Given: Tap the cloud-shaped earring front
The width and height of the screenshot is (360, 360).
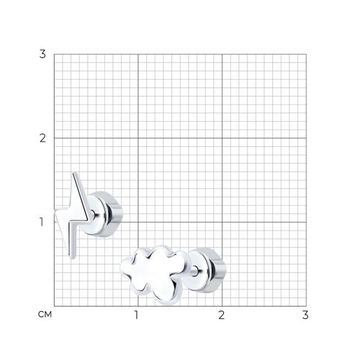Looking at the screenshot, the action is pyautogui.click(x=153, y=274).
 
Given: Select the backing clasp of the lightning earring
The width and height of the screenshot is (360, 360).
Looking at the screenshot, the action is pyautogui.click(x=106, y=214).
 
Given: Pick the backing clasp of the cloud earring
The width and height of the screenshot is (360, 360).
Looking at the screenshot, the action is pyautogui.click(x=207, y=270).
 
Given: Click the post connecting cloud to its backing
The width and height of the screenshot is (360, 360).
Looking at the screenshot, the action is pyautogui.click(x=194, y=271).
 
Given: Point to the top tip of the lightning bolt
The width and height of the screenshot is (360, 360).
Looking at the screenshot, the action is pyautogui.click(x=75, y=172).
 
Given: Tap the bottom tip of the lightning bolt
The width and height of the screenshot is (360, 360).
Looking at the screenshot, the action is pyautogui.click(x=72, y=258).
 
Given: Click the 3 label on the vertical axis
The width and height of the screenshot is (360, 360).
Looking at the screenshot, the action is pyautogui.click(x=42, y=54).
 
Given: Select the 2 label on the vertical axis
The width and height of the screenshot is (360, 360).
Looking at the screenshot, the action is pyautogui.click(x=42, y=138).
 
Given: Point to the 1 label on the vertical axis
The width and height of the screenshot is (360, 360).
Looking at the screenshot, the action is pyautogui.click(x=42, y=222).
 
